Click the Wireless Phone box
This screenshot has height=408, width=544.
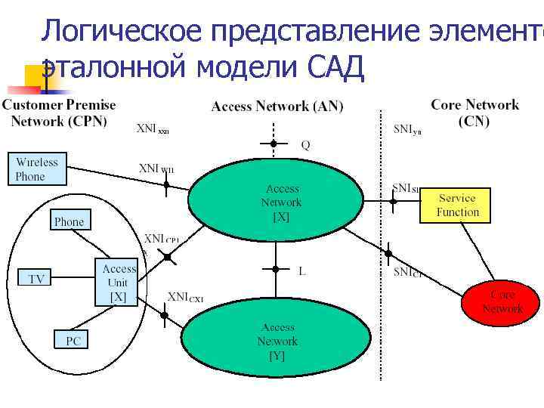click(37, 169)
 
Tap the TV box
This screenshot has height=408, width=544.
click(36, 279)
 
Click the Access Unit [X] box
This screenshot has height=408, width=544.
click(119, 283)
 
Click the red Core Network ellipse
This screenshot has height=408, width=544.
click(502, 301)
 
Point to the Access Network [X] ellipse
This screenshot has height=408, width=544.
click(281, 202)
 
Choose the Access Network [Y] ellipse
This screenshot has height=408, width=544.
click(277, 341)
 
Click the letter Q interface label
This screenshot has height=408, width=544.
click(305, 146)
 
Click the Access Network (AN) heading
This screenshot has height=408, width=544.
click(277, 107)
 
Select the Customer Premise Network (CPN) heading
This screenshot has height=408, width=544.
click(58, 113)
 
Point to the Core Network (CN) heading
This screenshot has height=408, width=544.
click(474, 113)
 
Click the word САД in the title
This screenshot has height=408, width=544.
click(337, 67)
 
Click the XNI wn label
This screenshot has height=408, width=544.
click(156, 168)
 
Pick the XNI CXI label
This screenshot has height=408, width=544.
click(185, 298)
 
